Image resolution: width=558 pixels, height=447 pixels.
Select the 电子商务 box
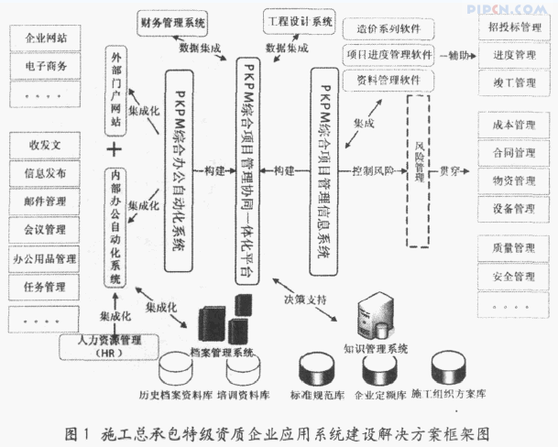pos(51,67)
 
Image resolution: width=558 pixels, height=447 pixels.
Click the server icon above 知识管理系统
pos(383,311)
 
